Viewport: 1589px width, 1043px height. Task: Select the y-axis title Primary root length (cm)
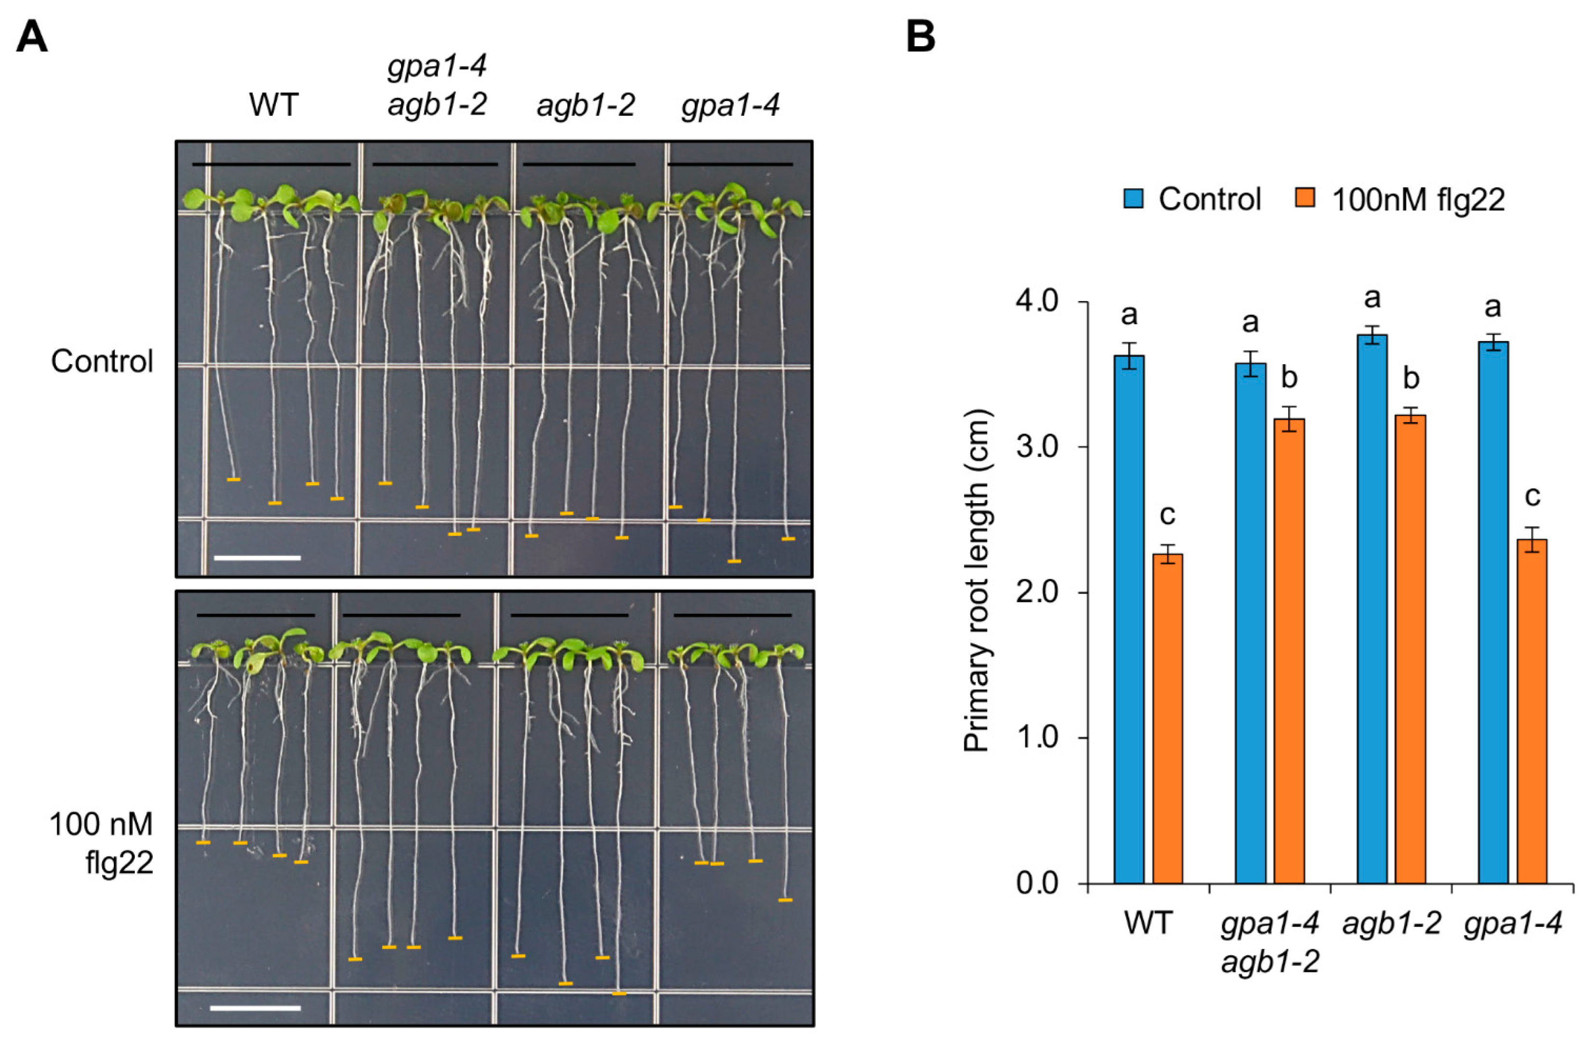(x=977, y=581)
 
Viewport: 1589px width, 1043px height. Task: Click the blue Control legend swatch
(x=1134, y=198)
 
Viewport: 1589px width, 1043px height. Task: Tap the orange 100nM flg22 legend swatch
(x=1305, y=198)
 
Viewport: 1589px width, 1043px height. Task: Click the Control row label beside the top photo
(x=102, y=362)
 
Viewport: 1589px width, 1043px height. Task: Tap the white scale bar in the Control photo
(x=257, y=557)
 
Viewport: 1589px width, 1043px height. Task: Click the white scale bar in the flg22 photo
(x=255, y=1008)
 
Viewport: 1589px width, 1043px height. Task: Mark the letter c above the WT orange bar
(x=1167, y=515)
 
